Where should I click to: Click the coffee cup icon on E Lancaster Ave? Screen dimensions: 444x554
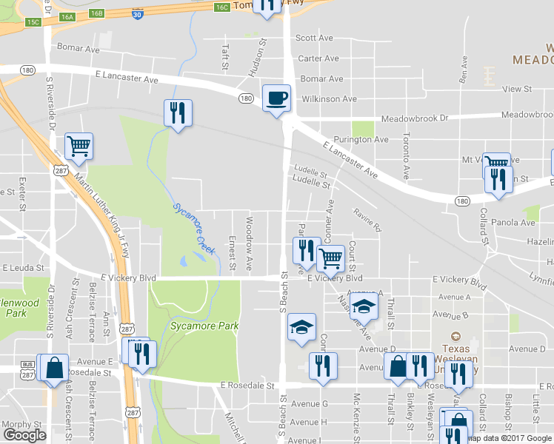(x=276, y=98)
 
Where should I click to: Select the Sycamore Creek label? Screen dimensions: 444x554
(x=194, y=229)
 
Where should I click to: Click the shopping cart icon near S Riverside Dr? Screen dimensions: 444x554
(x=79, y=146)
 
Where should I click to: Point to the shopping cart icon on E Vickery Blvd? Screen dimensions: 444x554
(x=330, y=259)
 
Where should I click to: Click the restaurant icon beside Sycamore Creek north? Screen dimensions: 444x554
(x=178, y=113)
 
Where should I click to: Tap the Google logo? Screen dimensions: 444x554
(x=24, y=435)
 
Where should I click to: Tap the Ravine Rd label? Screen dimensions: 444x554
(x=366, y=220)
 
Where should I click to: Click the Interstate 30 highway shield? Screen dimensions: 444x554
(x=138, y=13)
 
